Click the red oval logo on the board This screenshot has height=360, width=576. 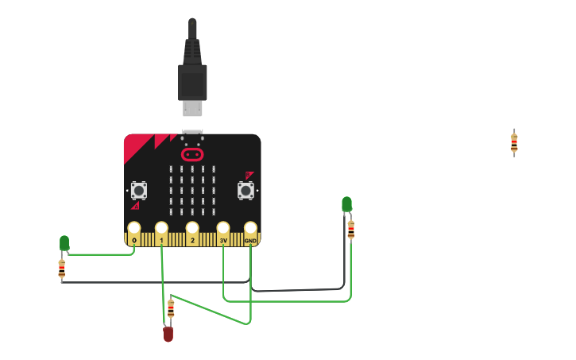(x=192, y=153)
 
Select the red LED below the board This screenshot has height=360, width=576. (x=168, y=334)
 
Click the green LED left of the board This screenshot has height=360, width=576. (x=64, y=242)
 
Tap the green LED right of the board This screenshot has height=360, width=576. (x=346, y=204)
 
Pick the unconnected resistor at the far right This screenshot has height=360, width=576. (x=514, y=143)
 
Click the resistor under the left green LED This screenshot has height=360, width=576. (x=62, y=269)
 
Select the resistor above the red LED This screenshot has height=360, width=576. (x=171, y=308)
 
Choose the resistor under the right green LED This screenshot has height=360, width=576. (x=351, y=230)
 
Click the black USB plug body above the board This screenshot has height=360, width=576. (x=192, y=80)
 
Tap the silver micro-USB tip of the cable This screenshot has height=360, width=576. (x=192, y=107)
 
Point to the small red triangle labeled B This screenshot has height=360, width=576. (x=249, y=175)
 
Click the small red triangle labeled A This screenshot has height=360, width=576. (x=136, y=206)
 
